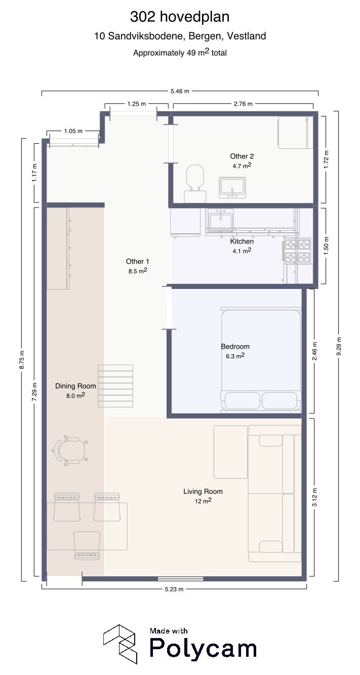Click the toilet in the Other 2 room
pyautogui.click(x=195, y=183)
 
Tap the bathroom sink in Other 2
pyautogui.click(x=232, y=187)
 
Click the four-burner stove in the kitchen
pyautogui.click(x=297, y=250)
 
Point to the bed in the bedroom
pyautogui.click(x=261, y=360)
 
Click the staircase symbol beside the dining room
pyautogui.click(x=115, y=386)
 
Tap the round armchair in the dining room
pyautogui.click(x=70, y=450)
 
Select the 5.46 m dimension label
pyautogui.click(x=180, y=91)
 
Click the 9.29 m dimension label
pyautogui.click(x=339, y=346)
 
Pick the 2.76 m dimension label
pyautogui.click(x=243, y=104)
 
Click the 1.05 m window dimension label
pyautogui.click(x=73, y=131)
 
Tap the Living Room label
pyautogui.click(x=203, y=491)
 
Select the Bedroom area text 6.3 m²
pyautogui.click(x=235, y=356)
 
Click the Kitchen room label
pyautogui.click(x=242, y=241)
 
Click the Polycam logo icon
pyautogui.click(x=120, y=644)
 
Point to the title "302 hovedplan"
pyautogui.click(x=180, y=17)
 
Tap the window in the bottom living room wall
pyautogui.click(x=180, y=578)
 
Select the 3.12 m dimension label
pyautogui.click(x=314, y=497)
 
